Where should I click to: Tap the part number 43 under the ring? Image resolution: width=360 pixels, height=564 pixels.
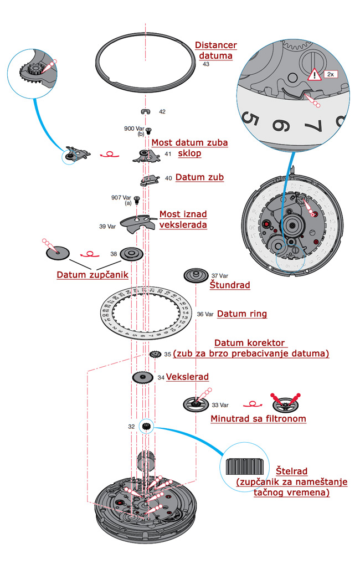coord(206,64)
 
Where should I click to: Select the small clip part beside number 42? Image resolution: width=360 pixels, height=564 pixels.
coord(146,111)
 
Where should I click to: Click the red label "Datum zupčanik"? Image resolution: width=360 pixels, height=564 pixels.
coord(92,275)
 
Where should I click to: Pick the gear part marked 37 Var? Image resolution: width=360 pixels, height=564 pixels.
coord(196,275)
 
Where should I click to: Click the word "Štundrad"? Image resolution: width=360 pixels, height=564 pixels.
coord(229,285)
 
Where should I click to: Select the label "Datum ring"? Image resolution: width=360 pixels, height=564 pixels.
coord(241,314)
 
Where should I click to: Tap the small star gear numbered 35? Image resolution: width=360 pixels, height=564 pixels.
coord(155,354)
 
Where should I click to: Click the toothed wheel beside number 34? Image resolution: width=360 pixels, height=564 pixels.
coord(143,378)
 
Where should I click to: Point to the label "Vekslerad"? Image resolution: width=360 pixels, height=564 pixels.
coord(187,377)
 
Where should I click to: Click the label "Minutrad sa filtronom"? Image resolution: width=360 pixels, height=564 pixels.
coord(258,419)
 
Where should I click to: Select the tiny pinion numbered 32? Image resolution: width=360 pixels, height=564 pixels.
coord(147,426)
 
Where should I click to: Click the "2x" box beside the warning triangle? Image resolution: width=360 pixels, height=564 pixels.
coord(330,74)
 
